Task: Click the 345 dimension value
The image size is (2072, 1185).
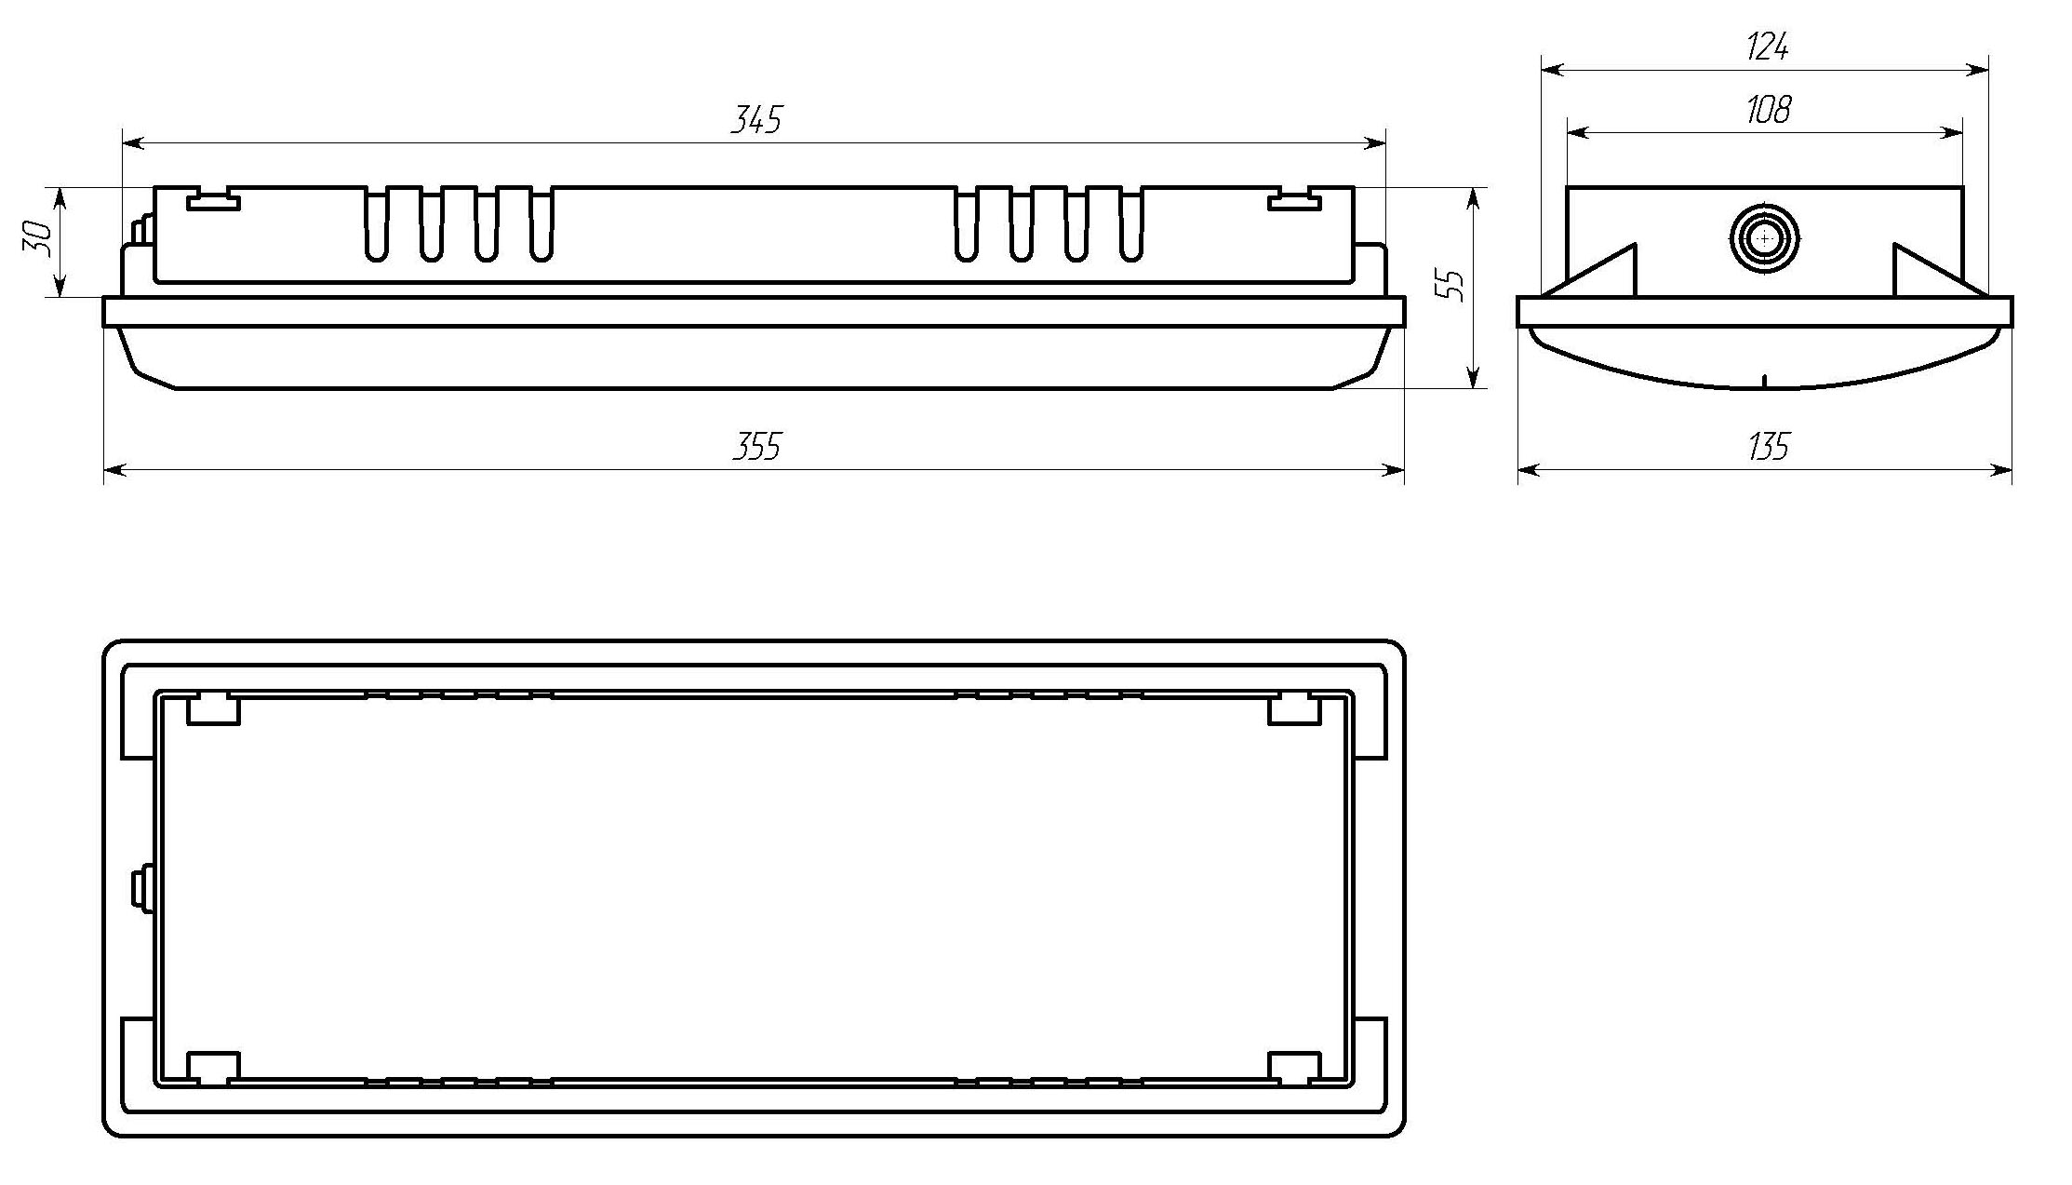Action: coord(755,119)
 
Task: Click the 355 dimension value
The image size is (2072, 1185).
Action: coord(755,447)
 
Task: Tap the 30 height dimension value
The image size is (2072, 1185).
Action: coord(36,238)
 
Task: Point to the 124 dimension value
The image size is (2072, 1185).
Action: coord(1767,46)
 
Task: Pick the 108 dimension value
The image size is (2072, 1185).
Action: coord(1767,110)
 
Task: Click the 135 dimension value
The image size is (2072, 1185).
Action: coord(1767,447)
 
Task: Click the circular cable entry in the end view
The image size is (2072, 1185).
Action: coord(1764,239)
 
